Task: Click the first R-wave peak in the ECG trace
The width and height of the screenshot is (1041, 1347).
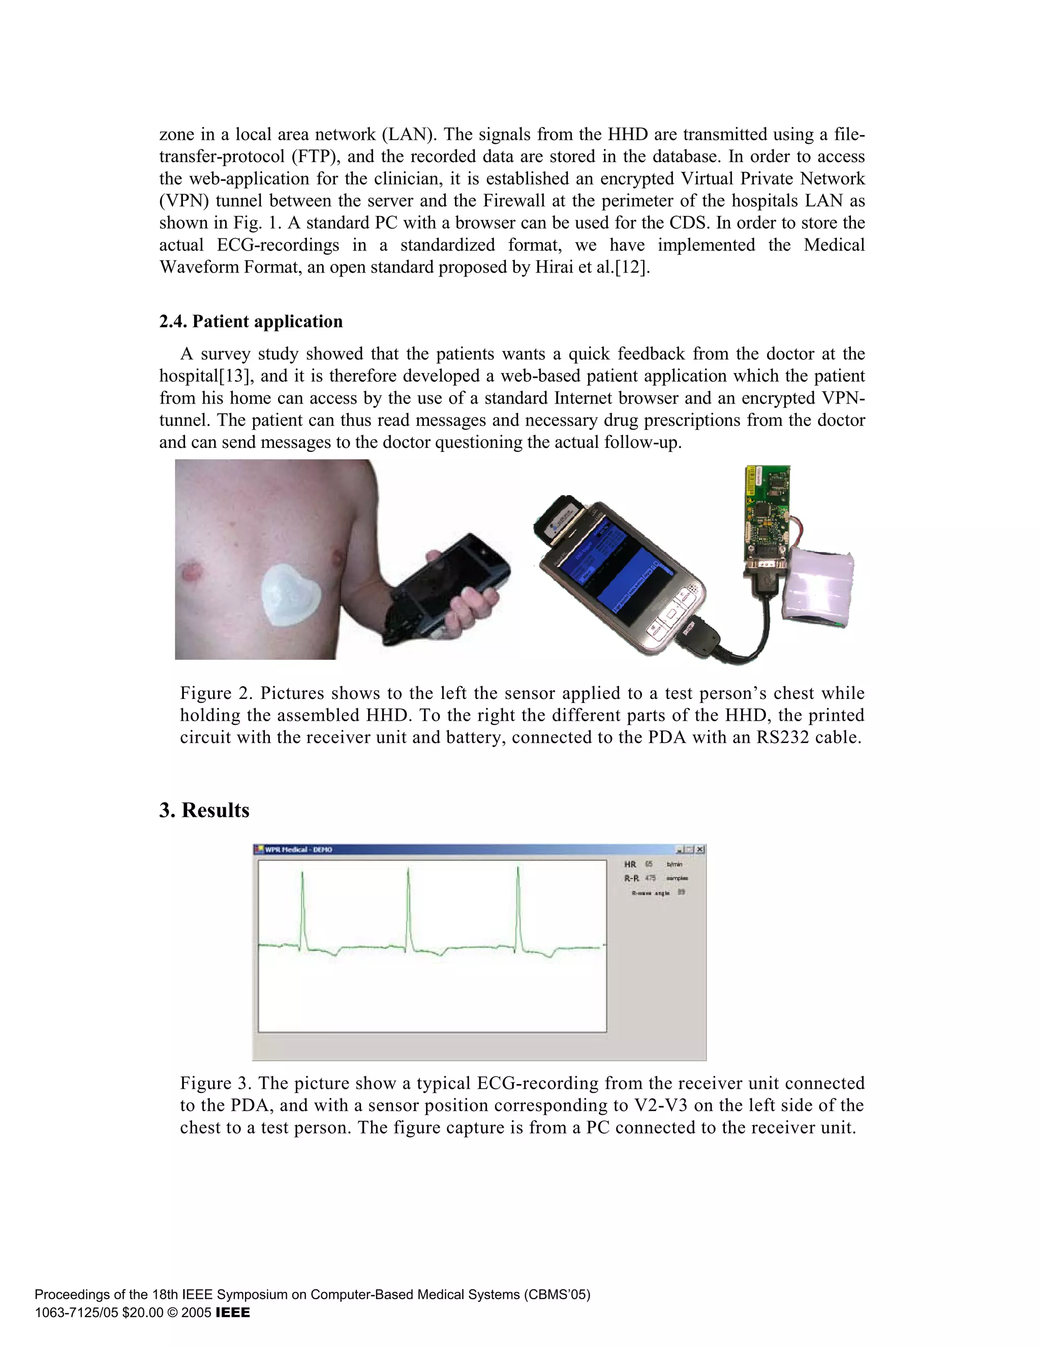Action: click(302, 873)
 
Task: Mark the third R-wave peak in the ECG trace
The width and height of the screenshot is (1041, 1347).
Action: click(517, 868)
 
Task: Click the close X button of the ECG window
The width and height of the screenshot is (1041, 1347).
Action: click(700, 849)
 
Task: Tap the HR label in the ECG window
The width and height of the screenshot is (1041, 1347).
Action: click(630, 864)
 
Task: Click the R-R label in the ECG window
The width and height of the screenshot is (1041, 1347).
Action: click(631, 878)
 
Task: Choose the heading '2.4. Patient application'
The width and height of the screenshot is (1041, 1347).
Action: click(251, 321)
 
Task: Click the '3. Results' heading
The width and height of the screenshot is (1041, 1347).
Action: click(204, 810)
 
